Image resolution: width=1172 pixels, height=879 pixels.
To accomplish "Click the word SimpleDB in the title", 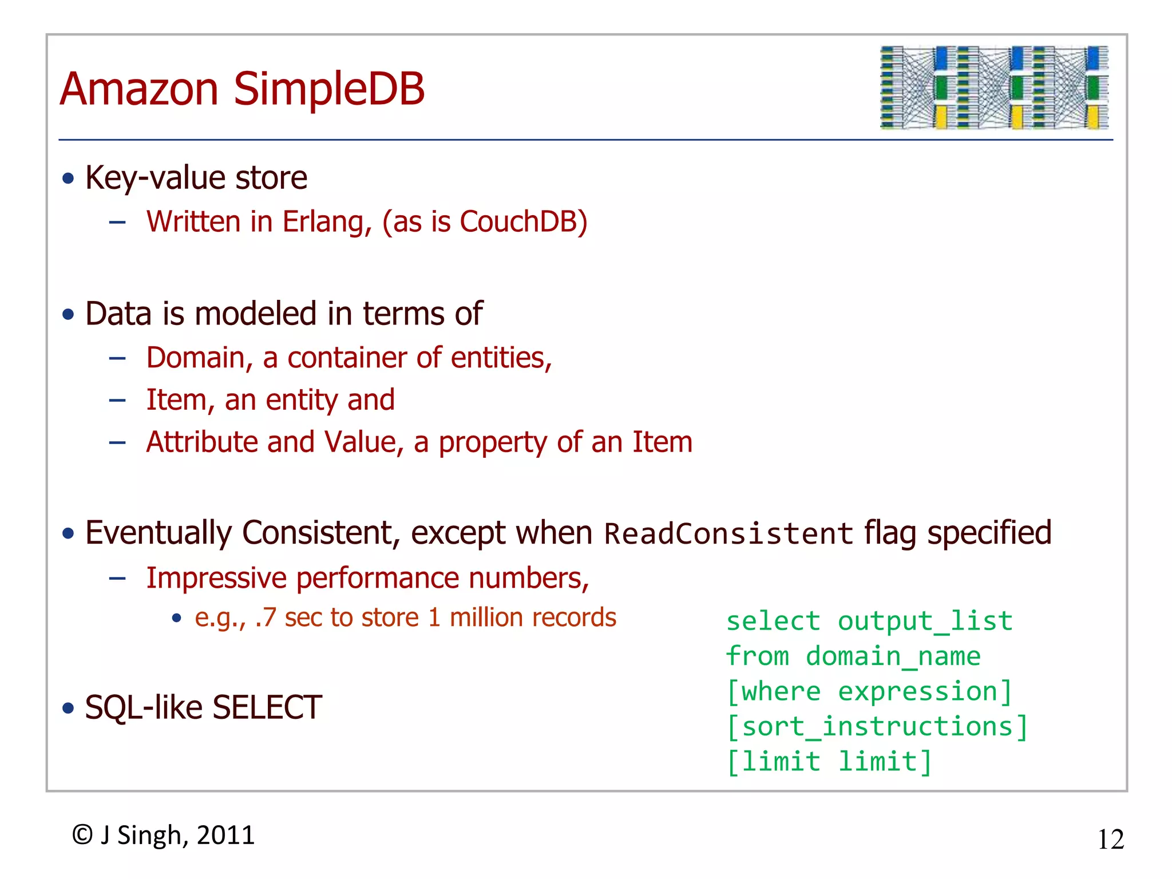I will tap(329, 89).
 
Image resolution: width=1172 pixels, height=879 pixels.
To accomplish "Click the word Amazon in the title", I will tap(139, 89).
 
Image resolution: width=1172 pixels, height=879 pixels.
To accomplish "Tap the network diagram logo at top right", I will tap(994, 88).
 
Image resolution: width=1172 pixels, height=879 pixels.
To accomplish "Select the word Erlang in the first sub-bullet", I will tap(327, 222).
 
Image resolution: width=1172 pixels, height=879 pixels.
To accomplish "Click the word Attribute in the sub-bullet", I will tap(202, 442).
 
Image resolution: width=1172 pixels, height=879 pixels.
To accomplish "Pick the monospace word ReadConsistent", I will tap(728, 534).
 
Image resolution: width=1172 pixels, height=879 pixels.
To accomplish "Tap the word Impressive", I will tap(216, 578).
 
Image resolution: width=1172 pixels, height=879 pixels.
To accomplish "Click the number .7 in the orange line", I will tap(266, 618).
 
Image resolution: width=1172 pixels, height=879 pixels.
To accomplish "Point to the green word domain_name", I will tap(893, 656).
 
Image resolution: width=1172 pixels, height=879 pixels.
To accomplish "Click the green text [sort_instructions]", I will tap(877, 727).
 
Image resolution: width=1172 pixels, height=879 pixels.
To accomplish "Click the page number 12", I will tap(1110, 840).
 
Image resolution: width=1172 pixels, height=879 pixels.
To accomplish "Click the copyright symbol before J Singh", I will tap(82, 835).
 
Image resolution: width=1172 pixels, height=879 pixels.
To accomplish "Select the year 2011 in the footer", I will tap(225, 836).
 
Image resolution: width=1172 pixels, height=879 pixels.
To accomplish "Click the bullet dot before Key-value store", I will tap(69, 179).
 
